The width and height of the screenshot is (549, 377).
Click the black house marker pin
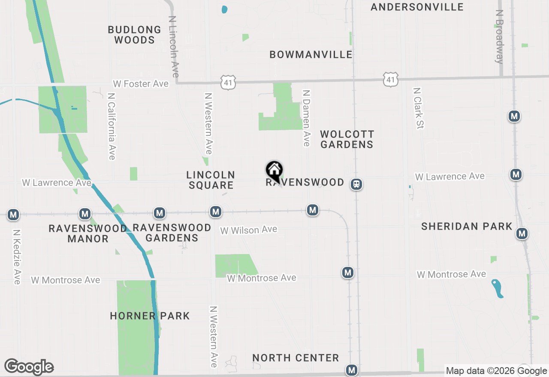(274, 171)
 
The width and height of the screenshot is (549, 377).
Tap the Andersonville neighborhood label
(417, 7)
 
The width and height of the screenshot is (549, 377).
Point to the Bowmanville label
(311, 54)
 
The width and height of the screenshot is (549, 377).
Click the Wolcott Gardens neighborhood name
(347, 139)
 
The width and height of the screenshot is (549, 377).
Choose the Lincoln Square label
(211, 180)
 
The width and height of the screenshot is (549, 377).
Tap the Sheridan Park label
(467, 226)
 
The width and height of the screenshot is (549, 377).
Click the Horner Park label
(150, 316)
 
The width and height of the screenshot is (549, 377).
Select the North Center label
(296, 358)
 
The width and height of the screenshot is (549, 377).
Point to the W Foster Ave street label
(141, 84)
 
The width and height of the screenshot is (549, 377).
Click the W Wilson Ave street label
(249, 230)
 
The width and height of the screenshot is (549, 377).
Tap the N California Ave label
(112, 126)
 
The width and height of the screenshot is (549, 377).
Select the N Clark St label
(418, 108)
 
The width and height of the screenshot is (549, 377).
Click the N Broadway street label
(499, 37)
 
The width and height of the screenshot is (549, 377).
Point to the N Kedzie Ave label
(17, 257)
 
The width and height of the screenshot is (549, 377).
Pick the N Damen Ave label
(306, 118)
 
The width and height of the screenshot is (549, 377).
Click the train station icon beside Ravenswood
(356, 184)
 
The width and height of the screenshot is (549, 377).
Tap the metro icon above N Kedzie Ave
(13, 214)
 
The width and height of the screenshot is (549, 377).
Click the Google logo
(29, 367)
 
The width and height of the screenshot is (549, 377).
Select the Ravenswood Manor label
(87, 233)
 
